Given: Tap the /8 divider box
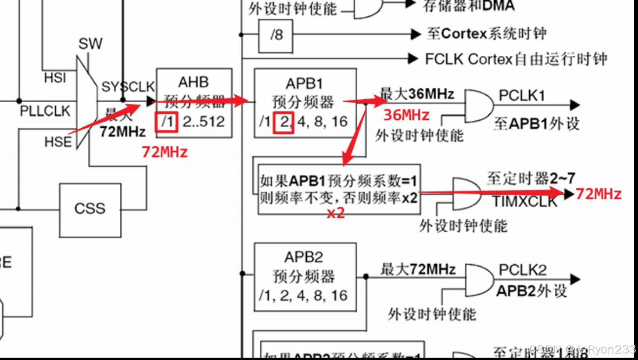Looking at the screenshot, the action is (x=276, y=35).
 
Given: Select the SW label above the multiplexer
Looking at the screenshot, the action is (x=90, y=44).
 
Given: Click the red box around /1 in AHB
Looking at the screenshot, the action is (x=166, y=122).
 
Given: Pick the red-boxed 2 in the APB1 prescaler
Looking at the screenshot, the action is (x=284, y=122).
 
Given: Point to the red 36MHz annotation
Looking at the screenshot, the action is (x=406, y=115).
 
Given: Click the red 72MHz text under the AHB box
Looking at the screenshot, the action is (x=165, y=152).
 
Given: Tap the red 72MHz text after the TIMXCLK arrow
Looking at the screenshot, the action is (x=599, y=194).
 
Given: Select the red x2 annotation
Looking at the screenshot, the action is (x=335, y=214).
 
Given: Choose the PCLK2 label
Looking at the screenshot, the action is (x=522, y=270).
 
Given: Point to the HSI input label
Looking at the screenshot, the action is (x=55, y=78).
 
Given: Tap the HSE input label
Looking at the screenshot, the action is (x=58, y=141).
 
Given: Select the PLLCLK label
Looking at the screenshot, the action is (x=45, y=111).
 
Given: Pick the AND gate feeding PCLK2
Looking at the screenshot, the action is (x=479, y=280).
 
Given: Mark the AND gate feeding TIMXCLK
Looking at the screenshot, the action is (x=466, y=193).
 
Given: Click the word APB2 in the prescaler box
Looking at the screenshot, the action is (x=304, y=257).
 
